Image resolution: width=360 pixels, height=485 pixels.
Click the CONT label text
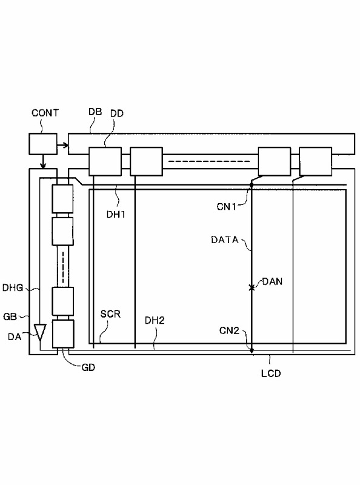tap(45, 113)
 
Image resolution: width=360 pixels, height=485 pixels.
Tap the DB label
tap(95, 112)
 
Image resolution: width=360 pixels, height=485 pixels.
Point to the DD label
tap(117, 113)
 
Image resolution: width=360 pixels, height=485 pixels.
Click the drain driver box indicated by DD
tap(105, 161)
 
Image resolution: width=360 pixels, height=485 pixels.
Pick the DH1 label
tap(116, 214)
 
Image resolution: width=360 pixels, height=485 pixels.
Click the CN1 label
tap(227, 207)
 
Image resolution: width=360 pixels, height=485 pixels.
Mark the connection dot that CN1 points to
tap(252, 185)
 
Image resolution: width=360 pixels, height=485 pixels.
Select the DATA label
tap(225, 239)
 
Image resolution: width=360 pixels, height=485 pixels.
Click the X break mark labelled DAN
tap(252, 287)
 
